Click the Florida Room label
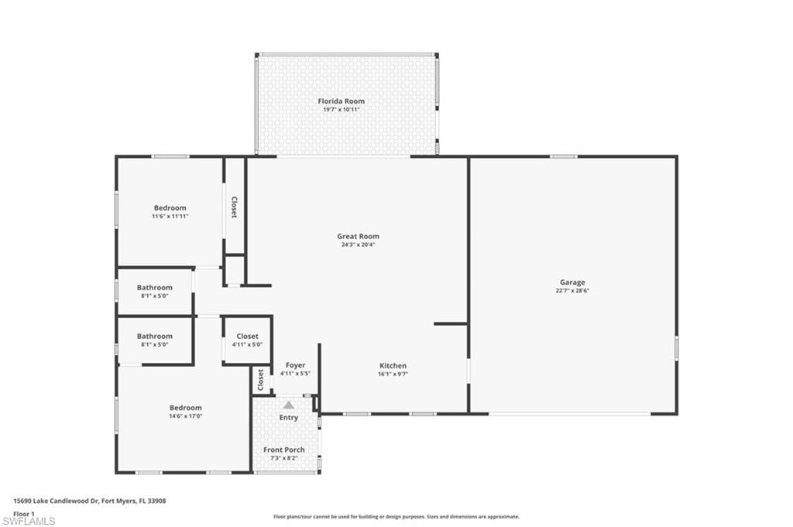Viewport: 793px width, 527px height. coord(341,101)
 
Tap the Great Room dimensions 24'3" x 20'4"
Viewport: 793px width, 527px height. coord(358,245)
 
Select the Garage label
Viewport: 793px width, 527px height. coord(573,282)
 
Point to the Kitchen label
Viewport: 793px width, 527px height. coord(393,366)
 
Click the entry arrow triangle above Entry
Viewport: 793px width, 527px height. coord(288,405)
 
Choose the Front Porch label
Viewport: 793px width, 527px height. coord(283,450)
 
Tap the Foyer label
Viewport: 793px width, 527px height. coord(295,365)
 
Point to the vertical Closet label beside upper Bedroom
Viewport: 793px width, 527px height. coord(234,206)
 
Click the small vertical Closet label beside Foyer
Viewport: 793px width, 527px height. coord(261,380)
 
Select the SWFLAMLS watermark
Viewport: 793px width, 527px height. coord(29,521)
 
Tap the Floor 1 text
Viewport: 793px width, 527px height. coord(24,513)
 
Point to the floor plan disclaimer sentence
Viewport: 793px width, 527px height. coord(396,516)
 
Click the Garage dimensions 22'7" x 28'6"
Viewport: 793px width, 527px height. coord(573,290)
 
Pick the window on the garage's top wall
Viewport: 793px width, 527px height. coord(563,156)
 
